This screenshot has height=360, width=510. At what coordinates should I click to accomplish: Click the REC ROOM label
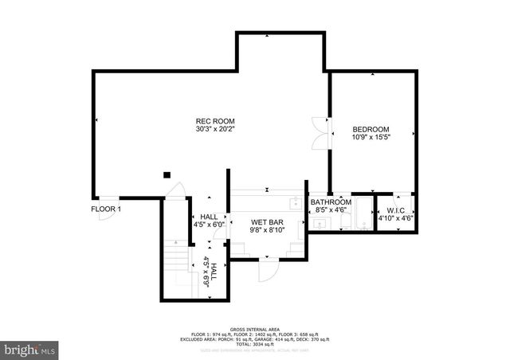[213, 121]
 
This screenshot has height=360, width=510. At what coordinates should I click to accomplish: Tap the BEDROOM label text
[371, 129]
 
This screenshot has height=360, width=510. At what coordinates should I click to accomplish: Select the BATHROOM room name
[331, 202]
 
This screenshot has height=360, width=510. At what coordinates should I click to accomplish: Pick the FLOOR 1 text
[106, 209]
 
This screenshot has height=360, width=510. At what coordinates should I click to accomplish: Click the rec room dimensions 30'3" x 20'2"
[213, 129]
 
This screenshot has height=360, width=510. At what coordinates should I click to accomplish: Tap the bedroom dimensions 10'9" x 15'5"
[371, 137]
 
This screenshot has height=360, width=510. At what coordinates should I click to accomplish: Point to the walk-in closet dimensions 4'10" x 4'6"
[396, 218]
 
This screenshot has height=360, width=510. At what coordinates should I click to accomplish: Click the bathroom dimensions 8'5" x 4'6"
[331, 210]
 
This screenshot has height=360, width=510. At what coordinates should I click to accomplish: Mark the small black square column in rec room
[167, 175]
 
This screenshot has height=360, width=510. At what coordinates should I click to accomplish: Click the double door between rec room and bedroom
[321, 131]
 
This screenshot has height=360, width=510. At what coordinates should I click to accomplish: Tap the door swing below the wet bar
[269, 270]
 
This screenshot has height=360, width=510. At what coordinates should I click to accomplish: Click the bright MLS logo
[29, 348]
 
